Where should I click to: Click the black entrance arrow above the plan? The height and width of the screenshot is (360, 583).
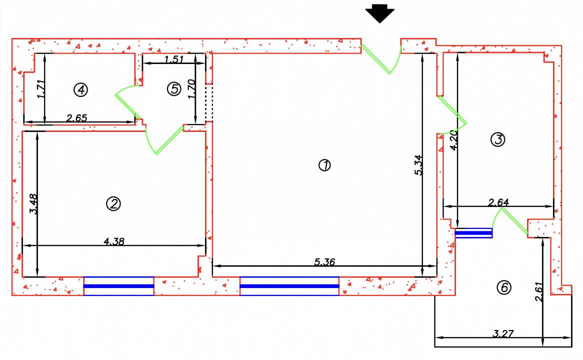(x=380, y=13)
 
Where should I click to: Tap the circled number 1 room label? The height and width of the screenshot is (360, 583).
(x=325, y=165)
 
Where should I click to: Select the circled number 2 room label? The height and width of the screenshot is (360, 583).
(x=113, y=203)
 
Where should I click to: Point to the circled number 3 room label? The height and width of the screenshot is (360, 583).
(x=497, y=140)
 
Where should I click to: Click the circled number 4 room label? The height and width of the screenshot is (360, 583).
(x=80, y=89)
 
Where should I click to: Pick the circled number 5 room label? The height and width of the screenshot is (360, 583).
(x=173, y=89)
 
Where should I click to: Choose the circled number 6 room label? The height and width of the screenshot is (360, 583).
(x=504, y=287)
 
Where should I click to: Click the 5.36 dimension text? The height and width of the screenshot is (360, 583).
(x=324, y=261)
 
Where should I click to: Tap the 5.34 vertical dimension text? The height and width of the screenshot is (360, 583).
(x=418, y=165)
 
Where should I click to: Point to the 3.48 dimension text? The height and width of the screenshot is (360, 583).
(x=34, y=204)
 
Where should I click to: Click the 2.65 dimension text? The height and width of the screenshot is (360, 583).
(x=77, y=118)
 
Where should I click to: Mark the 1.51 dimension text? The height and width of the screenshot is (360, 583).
(x=174, y=59)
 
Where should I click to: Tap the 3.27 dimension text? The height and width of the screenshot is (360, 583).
(x=503, y=332)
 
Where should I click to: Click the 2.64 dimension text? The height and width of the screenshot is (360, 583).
(x=498, y=202)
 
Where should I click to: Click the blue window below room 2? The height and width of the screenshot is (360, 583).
(x=118, y=286)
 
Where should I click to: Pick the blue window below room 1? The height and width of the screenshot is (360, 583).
(x=289, y=286)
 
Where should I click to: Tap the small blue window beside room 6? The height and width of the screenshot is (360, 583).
(x=473, y=233)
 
